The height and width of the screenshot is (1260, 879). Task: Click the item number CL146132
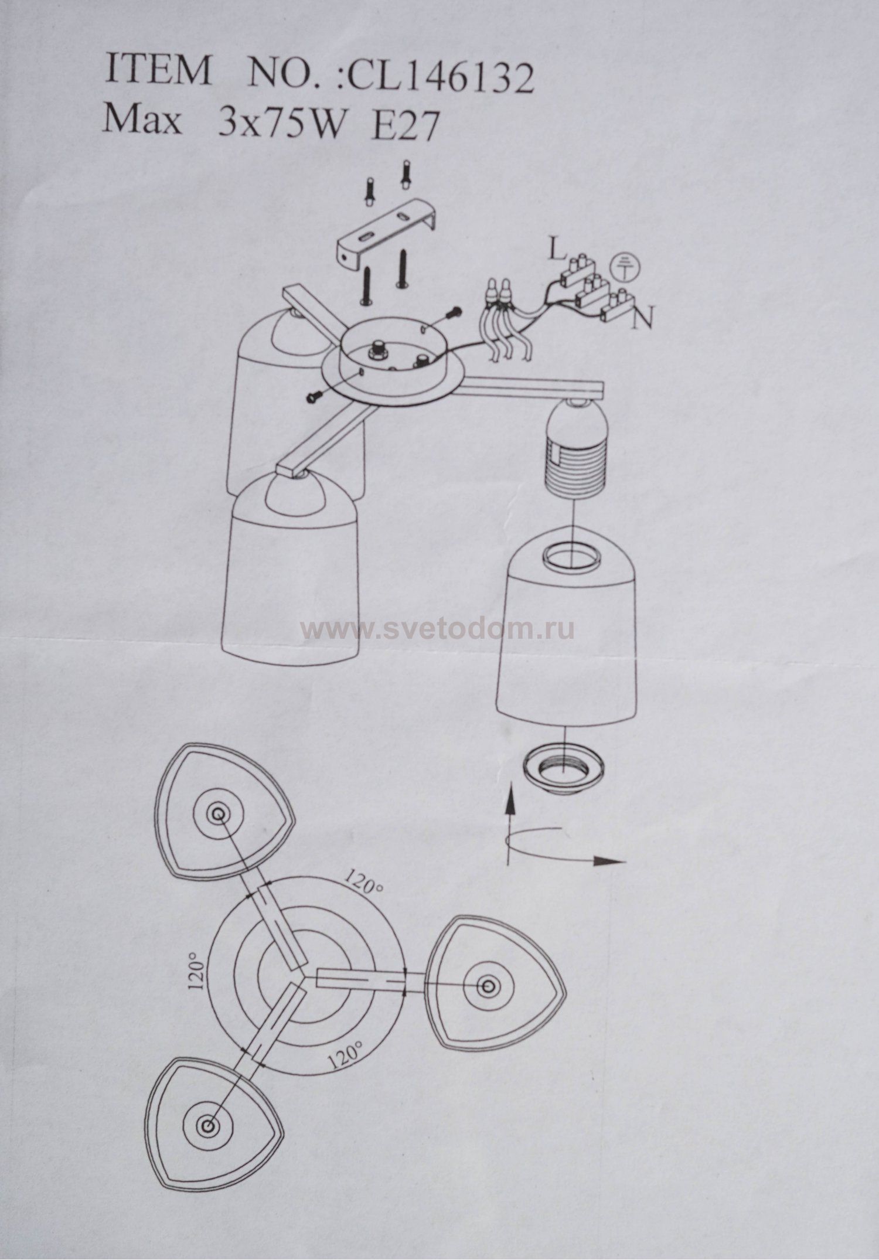pos(440,79)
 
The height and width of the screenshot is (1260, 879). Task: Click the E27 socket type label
pos(405,124)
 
